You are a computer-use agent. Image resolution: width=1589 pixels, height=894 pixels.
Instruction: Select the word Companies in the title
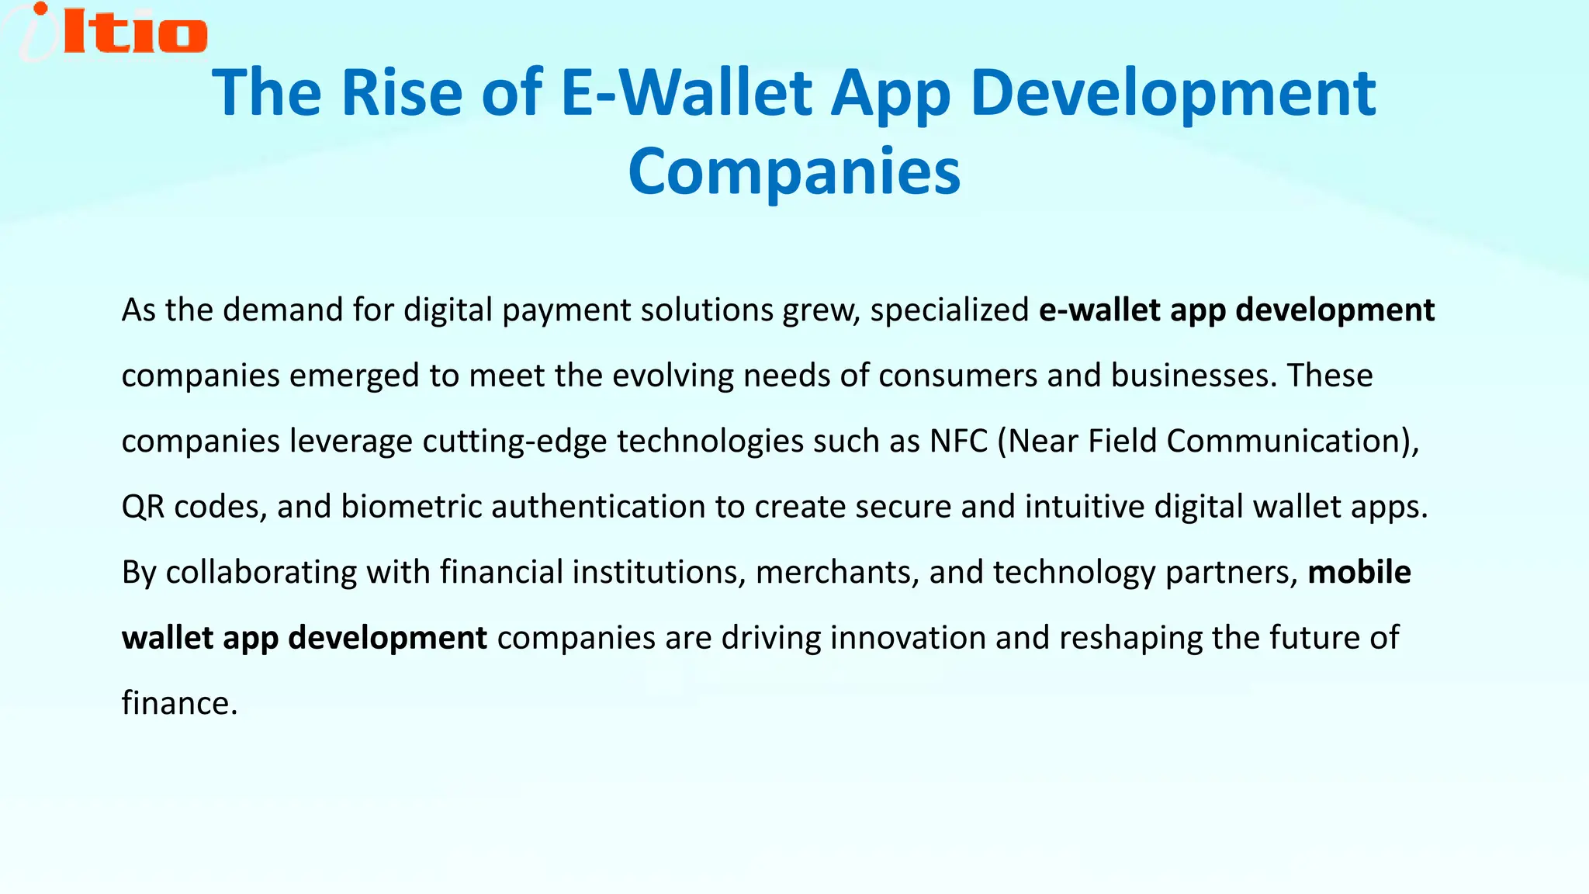pos(794,172)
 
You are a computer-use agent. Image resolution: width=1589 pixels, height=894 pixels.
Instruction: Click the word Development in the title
pos(1172,93)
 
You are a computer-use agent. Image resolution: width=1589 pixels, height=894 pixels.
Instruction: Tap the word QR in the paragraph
pos(143,507)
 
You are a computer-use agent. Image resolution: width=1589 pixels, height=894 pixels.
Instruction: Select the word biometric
pos(411,507)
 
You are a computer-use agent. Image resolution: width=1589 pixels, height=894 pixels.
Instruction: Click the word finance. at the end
pos(179,703)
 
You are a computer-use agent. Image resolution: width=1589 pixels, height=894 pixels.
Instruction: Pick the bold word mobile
pos(1359,572)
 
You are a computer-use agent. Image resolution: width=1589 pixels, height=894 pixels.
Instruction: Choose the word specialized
pos(949,310)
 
